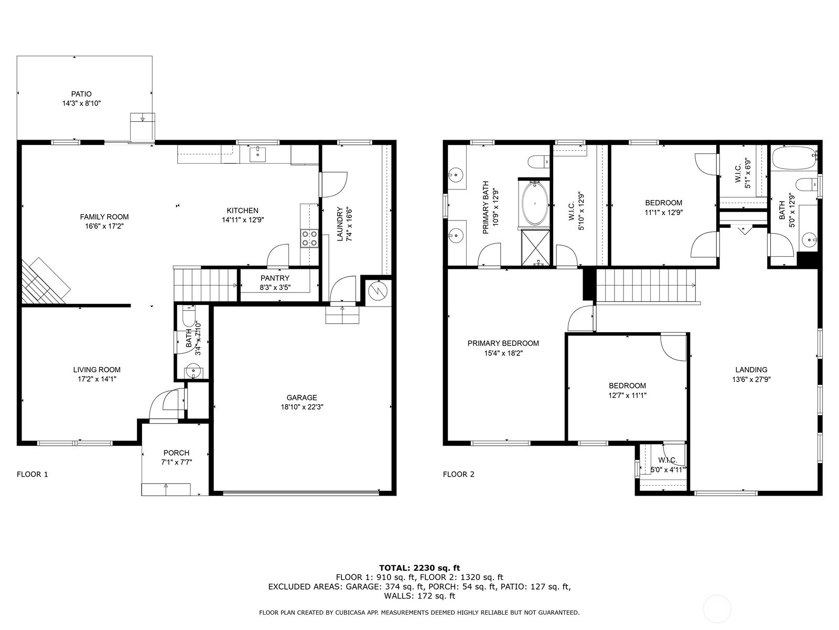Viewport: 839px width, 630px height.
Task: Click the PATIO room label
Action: click(x=81, y=94)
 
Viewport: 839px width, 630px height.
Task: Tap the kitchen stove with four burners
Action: click(x=309, y=238)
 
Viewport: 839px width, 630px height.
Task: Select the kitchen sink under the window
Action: click(x=258, y=154)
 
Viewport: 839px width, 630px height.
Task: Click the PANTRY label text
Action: click(x=275, y=278)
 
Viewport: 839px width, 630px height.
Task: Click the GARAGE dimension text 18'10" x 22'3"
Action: click(x=302, y=407)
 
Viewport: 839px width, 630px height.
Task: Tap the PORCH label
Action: click(x=176, y=453)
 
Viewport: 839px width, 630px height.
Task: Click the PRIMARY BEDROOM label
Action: click(x=503, y=343)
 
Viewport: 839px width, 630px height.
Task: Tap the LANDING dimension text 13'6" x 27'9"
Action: click(x=751, y=380)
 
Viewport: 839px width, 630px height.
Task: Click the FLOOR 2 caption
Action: click(x=458, y=474)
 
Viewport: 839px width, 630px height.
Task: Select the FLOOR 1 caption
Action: click(x=32, y=474)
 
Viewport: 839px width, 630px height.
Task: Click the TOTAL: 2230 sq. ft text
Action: click(x=419, y=568)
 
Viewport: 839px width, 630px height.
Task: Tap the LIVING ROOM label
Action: click(x=96, y=370)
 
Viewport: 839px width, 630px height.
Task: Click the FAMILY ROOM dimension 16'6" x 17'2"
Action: click(x=104, y=226)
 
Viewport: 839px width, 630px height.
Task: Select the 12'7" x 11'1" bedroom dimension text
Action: click(x=627, y=395)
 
